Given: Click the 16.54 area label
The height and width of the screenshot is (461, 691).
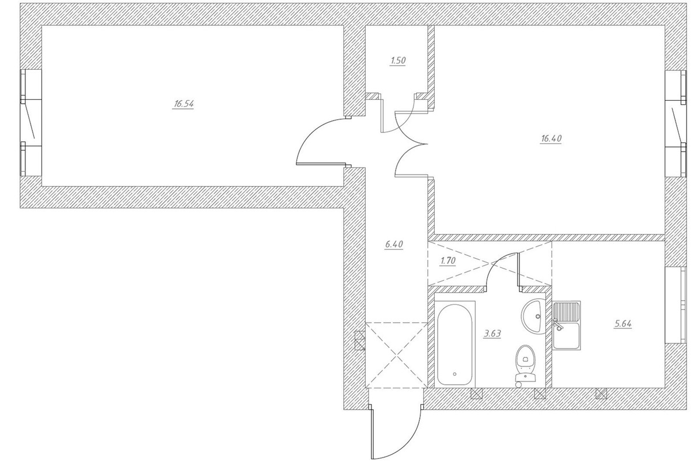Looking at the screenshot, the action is click(184, 104).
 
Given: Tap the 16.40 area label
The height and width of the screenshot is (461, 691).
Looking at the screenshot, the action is click(551, 139).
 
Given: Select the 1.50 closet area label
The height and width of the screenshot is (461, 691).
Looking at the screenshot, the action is click(398, 61).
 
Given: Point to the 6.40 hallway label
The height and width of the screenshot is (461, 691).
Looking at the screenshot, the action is click(394, 244).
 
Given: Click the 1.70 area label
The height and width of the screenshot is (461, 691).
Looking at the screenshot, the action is click(448, 261).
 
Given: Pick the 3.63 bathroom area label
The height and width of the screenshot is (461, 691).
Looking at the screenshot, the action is click(493, 334).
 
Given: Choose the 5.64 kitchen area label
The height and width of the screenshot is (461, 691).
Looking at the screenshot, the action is click(623, 324).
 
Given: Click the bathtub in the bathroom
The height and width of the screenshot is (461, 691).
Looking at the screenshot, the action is click(455, 344).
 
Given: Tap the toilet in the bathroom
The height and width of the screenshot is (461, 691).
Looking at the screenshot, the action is click(525, 365).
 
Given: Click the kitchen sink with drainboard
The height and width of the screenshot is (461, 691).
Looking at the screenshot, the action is click(567, 326).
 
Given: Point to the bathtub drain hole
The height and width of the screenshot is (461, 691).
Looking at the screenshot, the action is click(455, 374).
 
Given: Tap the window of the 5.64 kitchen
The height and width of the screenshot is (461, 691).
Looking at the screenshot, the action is click(677, 305).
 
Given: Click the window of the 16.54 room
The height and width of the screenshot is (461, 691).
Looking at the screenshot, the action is click(31, 123).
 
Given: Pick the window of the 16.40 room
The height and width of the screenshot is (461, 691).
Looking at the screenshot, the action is click(677, 124).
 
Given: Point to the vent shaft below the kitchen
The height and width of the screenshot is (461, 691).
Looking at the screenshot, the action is click(601, 394).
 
